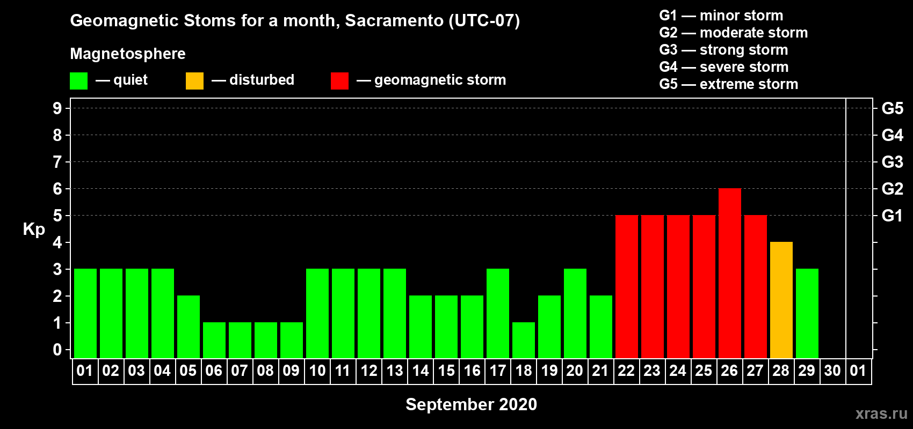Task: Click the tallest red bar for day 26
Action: pyautogui.click(x=729, y=273)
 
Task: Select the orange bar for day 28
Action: pyautogui.click(x=781, y=300)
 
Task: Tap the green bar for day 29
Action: pyautogui.click(x=807, y=313)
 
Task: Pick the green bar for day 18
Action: pyautogui.click(x=523, y=341)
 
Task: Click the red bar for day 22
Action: pyautogui.click(x=626, y=286)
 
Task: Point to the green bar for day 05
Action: pyautogui.click(x=189, y=327)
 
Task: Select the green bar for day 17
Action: pyautogui.click(x=498, y=313)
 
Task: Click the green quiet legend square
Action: pyautogui.click(x=78, y=80)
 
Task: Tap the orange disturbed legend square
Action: pyautogui.click(x=194, y=80)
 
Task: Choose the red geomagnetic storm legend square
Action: pyautogui.click(x=339, y=80)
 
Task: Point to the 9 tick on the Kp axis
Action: pyautogui.click(x=57, y=108)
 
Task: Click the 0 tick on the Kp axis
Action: pyautogui.click(x=57, y=350)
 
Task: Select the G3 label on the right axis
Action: pyautogui.click(x=892, y=162)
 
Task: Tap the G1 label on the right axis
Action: pyautogui.click(x=892, y=216)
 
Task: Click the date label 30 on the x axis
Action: pyautogui.click(x=832, y=371)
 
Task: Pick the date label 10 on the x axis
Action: pyautogui.click(x=317, y=371)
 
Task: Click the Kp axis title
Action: pyautogui.click(x=34, y=230)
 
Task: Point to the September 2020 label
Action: pyautogui.click(x=471, y=404)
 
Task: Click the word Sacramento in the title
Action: pyautogui.click(x=394, y=20)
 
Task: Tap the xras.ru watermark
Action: pyautogui.click(x=881, y=413)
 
